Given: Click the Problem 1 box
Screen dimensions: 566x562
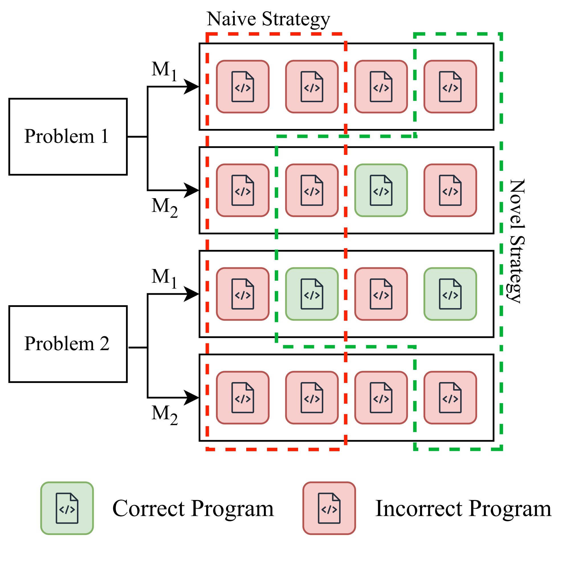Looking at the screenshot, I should tap(68, 137).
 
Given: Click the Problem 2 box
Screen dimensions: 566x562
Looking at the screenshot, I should tap(68, 344).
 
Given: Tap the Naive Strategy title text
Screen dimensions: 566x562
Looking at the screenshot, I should tap(268, 19).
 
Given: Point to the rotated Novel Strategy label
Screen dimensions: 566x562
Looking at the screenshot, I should tap(517, 241).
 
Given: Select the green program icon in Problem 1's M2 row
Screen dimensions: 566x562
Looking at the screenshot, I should tap(381, 190).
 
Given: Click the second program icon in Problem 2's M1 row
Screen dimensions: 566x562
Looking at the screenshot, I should tap(311, 294).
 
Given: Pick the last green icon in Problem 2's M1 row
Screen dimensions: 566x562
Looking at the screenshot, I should tap(450, 294).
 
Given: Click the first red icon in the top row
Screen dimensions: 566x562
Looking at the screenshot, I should tap(243, 87).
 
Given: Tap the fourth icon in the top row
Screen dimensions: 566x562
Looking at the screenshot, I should tap(450, 87).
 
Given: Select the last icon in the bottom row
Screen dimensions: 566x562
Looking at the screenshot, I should tap(450, 397).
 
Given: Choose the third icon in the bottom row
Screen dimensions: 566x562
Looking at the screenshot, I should tap(381, 397).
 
